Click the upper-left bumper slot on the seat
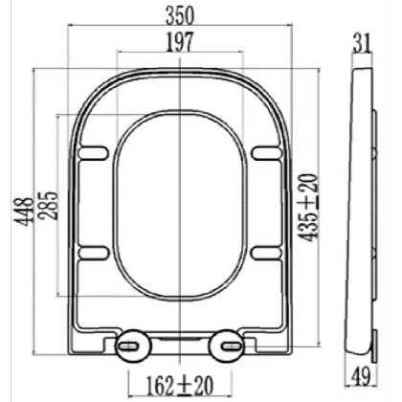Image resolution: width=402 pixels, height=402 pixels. point(94,150)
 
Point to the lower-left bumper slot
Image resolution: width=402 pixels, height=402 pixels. point(94,252)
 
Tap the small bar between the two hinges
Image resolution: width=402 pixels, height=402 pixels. point(180,340)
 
